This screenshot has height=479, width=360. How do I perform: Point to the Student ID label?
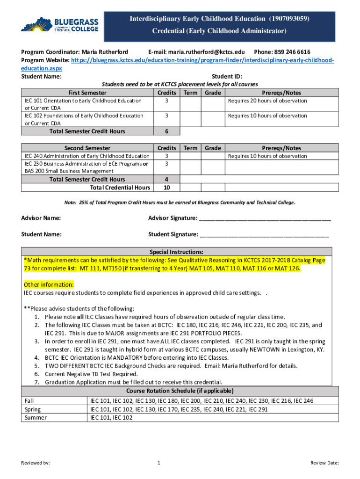pyautogui.click(x=227, y=77)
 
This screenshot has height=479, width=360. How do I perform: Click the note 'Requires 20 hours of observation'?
pyautogui.click(x=267, y=101)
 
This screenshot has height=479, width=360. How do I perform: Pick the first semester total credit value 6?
pyautogui.click(x=166, y=131)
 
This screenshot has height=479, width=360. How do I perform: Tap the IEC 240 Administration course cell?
pyautogui.click(x=87, y=156)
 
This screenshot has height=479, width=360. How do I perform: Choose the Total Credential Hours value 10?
pyautogui.click(x=166, y=188)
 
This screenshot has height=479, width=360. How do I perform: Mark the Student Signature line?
pyautogui.click(x=264, y=234)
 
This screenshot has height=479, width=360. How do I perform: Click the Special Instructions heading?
pyautogui.click(x=176, y=252)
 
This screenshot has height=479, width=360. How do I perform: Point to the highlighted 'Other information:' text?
pyautogui.click(x=49, y=284)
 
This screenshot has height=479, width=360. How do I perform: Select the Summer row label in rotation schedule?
pyautogui.click(x=36, y=418)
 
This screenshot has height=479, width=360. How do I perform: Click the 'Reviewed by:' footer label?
pyautogui.click(x=36, y=463)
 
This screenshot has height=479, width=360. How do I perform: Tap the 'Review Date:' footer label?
pyautogui.click(x=324, y=463)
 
